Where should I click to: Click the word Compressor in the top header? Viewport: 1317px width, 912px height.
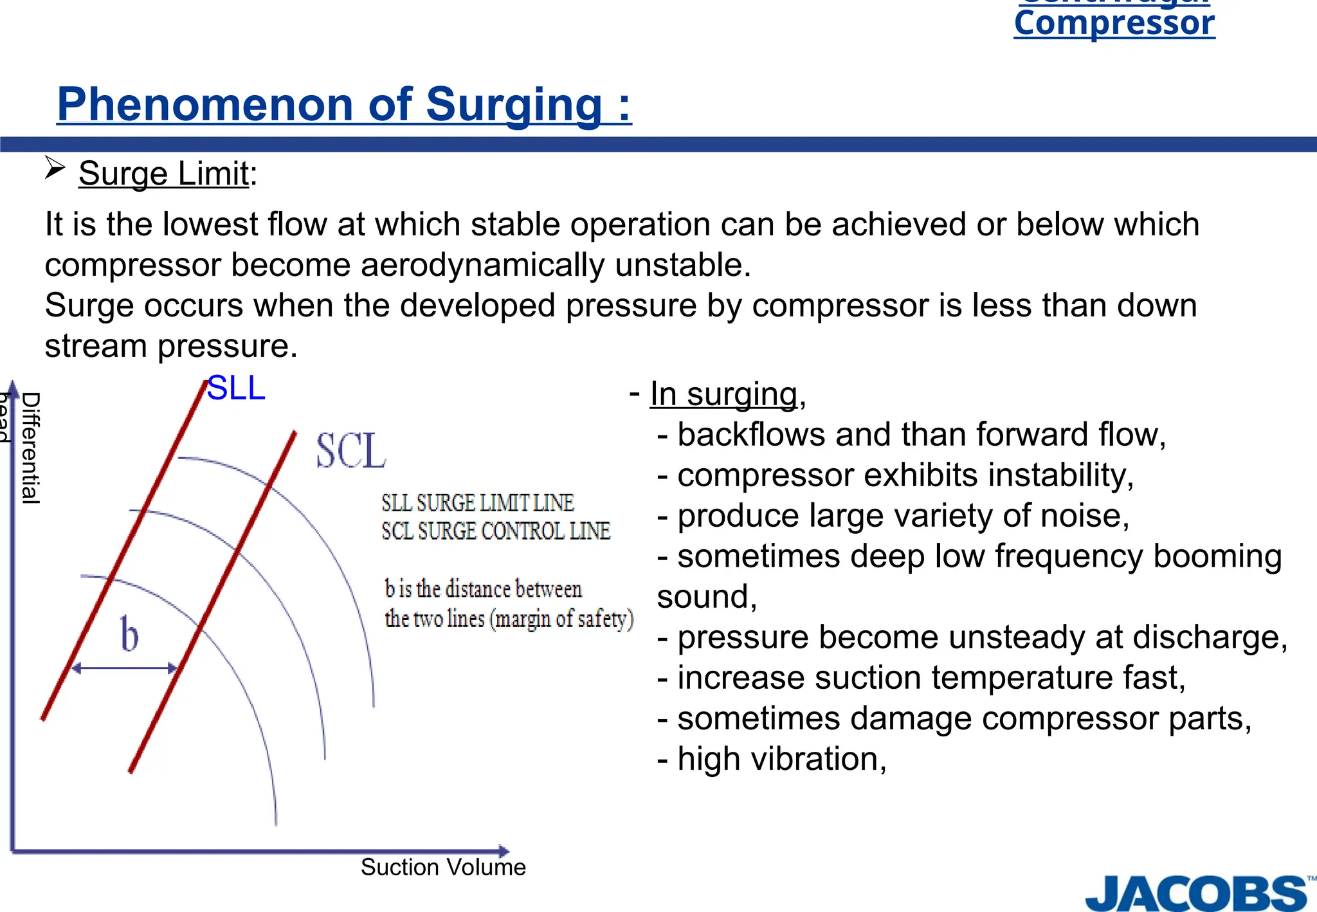[x=1114, y=24]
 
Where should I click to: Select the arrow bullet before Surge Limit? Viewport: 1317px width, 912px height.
[x=55, y=169]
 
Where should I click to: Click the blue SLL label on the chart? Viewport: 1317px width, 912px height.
[x=236, y=388]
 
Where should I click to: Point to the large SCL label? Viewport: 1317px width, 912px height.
[x=351, y=451]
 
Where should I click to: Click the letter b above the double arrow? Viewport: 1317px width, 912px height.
[x=129, y=635]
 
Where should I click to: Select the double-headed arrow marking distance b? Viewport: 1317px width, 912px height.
[x=125, y=668]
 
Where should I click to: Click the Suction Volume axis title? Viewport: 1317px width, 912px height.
[x=443, y=867]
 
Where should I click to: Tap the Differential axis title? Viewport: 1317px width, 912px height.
[x=31, y=448]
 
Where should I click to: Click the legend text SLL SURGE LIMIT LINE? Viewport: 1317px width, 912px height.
[x=477, y=503]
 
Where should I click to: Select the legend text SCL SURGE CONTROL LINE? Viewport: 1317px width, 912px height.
[x=495, y=531]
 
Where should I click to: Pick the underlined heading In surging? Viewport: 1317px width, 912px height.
[x=723, y=394]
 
